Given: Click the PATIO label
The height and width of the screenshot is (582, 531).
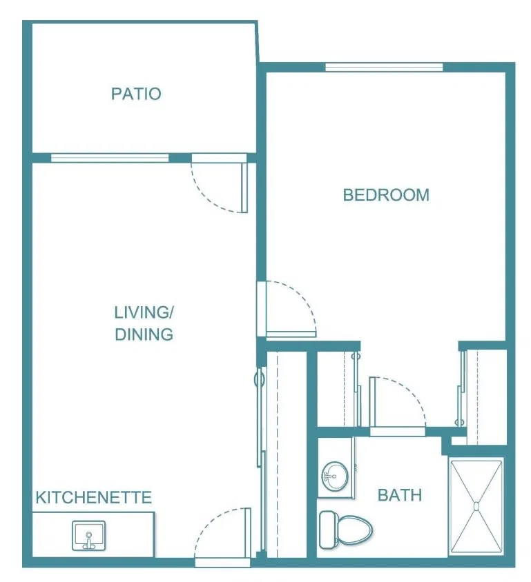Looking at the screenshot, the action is (x=136, y=94).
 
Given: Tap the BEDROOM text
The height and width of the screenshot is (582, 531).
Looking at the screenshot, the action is (x=386, y=195).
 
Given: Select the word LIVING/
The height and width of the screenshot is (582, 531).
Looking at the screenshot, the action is (x=144, y=312).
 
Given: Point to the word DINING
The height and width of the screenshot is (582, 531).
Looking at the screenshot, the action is (x=144, y=334).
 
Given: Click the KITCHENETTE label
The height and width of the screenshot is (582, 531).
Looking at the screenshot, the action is (x=94, y=497).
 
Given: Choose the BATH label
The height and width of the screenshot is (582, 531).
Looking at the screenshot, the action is (x=400, y=495).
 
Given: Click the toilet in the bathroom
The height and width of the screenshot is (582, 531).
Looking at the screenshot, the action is (x=345, y=530).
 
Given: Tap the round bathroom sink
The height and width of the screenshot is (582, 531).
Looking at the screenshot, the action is (x=335, y=476).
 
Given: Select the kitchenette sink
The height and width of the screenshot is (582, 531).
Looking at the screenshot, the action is (x=89, y=536).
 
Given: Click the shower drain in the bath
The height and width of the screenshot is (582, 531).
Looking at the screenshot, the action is (x=476, y=506).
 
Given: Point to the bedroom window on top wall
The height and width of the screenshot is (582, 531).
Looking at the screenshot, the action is (x=384, y=67).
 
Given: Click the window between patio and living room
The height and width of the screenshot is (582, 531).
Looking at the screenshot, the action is (x=110, y=158).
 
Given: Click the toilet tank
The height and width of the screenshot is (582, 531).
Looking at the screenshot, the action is (x=327, y=530).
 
